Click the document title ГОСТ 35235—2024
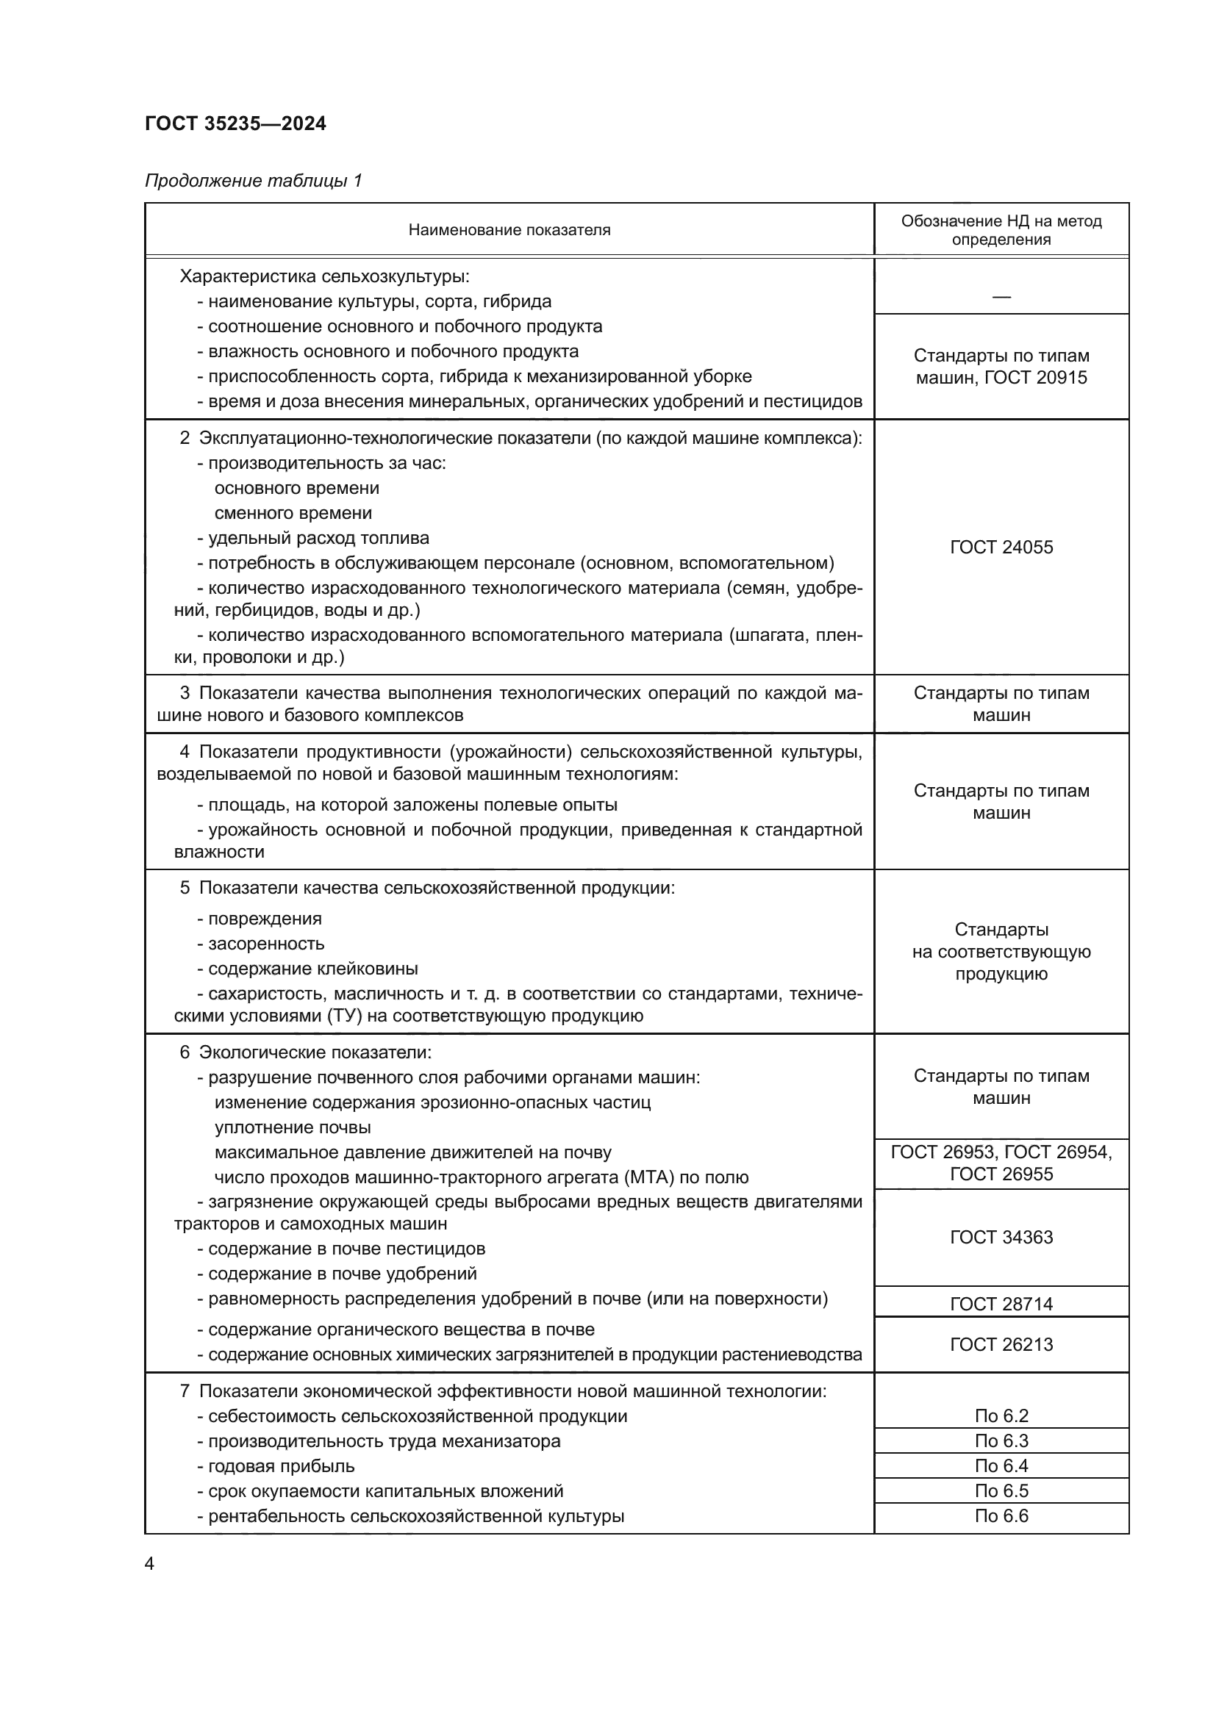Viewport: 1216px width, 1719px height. click(x=236, y=123)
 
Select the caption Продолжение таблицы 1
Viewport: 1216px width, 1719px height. click(x=253, y=181)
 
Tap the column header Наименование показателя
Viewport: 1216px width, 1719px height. click(x=509, y=230)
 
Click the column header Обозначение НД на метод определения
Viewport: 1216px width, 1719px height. click(x=1001, y=230)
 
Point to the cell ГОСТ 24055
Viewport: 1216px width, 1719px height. click(x=1001, y=548)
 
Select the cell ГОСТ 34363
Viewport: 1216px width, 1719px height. click(x=1001, y=1238)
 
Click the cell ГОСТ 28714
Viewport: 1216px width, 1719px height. click(x=1001, y=1304)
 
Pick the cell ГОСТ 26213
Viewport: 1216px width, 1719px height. click(x=1001, y=1345)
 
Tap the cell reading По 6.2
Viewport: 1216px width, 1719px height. click(x=1001, y=1415)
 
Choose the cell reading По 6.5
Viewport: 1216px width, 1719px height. click(x=1001, y=1490)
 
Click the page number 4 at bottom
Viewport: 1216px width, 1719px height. click(x=150, y=1564)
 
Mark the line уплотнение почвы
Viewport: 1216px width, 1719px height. click(x=293, y=1127)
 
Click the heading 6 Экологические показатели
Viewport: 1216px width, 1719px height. click(x=306, y=1052)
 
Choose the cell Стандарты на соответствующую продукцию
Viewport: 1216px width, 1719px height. click(x=1001, y=952)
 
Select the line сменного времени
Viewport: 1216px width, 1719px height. click(x=293, y=514)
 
